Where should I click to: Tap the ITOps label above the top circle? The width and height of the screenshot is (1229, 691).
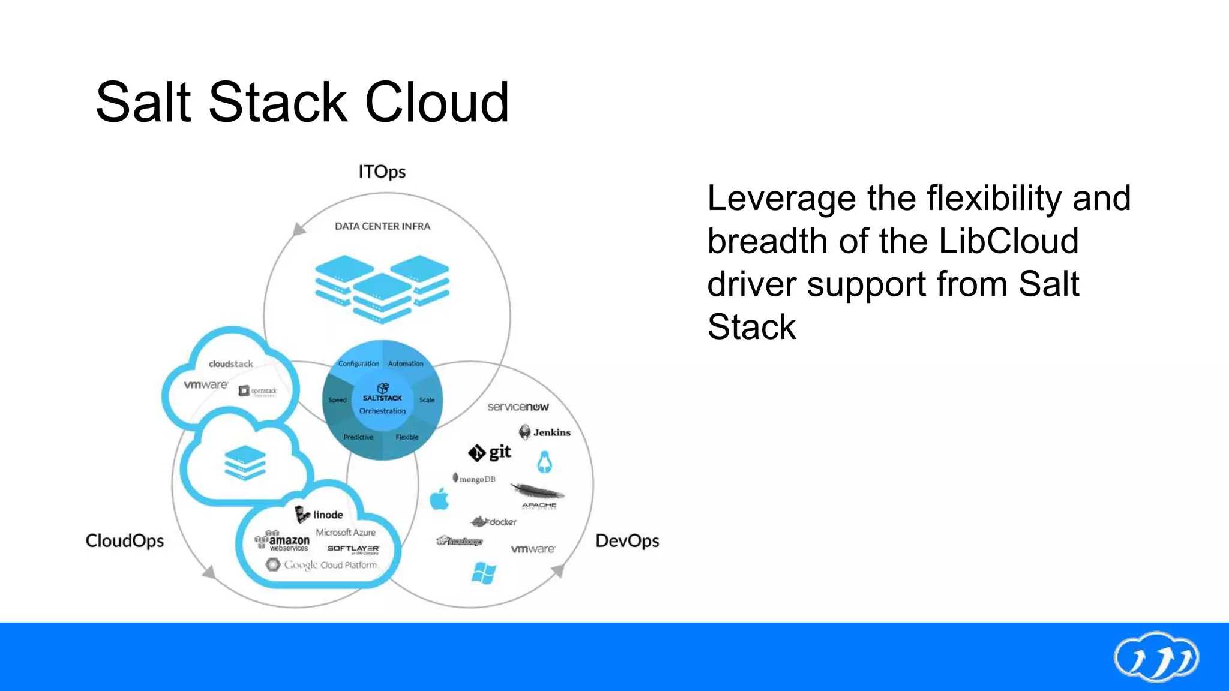(x=382, y=172)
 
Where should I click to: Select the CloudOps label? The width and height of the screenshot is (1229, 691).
(x=125, y=541)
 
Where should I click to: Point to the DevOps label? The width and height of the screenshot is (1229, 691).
(x=627, y=541)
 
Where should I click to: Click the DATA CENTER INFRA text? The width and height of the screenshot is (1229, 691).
(x=382, y=226)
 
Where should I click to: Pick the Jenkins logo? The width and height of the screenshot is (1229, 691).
(x=545, y=432)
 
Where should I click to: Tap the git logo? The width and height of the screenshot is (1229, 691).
(x=490, y=453)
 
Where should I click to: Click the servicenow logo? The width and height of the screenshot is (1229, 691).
(x=518, y=407)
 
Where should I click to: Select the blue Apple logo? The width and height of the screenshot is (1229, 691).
(x=440, y=499)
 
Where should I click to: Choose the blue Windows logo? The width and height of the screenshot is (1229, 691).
(x=484, y=573)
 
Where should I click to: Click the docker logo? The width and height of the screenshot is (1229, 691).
(x=494, y=522)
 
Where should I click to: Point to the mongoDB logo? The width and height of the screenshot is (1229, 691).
(x=474, y=479)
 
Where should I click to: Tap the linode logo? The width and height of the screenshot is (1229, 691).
(x=319, y=515)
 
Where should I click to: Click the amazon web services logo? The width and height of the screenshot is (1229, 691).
(x=282, y=542)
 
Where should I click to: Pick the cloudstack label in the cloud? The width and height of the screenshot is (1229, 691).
(x=231, y=364)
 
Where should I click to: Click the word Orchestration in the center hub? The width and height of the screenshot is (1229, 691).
(x=382, y=411)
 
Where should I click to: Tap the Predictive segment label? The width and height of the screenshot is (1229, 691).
(x=358, y=437)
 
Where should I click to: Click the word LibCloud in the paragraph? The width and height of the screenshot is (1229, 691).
(x=1008, y=241)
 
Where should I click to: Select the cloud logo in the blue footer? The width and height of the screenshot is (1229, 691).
(x=1156, y=657)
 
